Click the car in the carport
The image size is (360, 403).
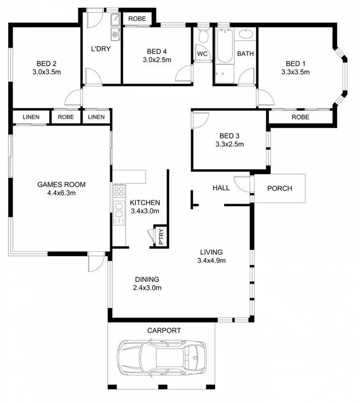click(162, 358)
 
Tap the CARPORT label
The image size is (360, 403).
click(164, 330)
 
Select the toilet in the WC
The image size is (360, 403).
click(203, 37)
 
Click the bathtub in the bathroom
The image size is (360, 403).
click(225, 46)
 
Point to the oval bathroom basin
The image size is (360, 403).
click(246, 34)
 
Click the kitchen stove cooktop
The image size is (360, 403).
click(119, 191)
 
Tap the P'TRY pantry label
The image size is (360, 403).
click(161, 236)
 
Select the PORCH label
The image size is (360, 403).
click(279, 188)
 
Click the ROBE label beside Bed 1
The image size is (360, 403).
click(300, 117)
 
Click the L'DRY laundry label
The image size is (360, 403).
click(101, 49)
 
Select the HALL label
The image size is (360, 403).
click(221, 188)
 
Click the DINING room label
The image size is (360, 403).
click(147, 280)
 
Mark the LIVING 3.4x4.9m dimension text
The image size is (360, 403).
click(211, 261)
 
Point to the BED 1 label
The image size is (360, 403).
click(295, 63)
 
